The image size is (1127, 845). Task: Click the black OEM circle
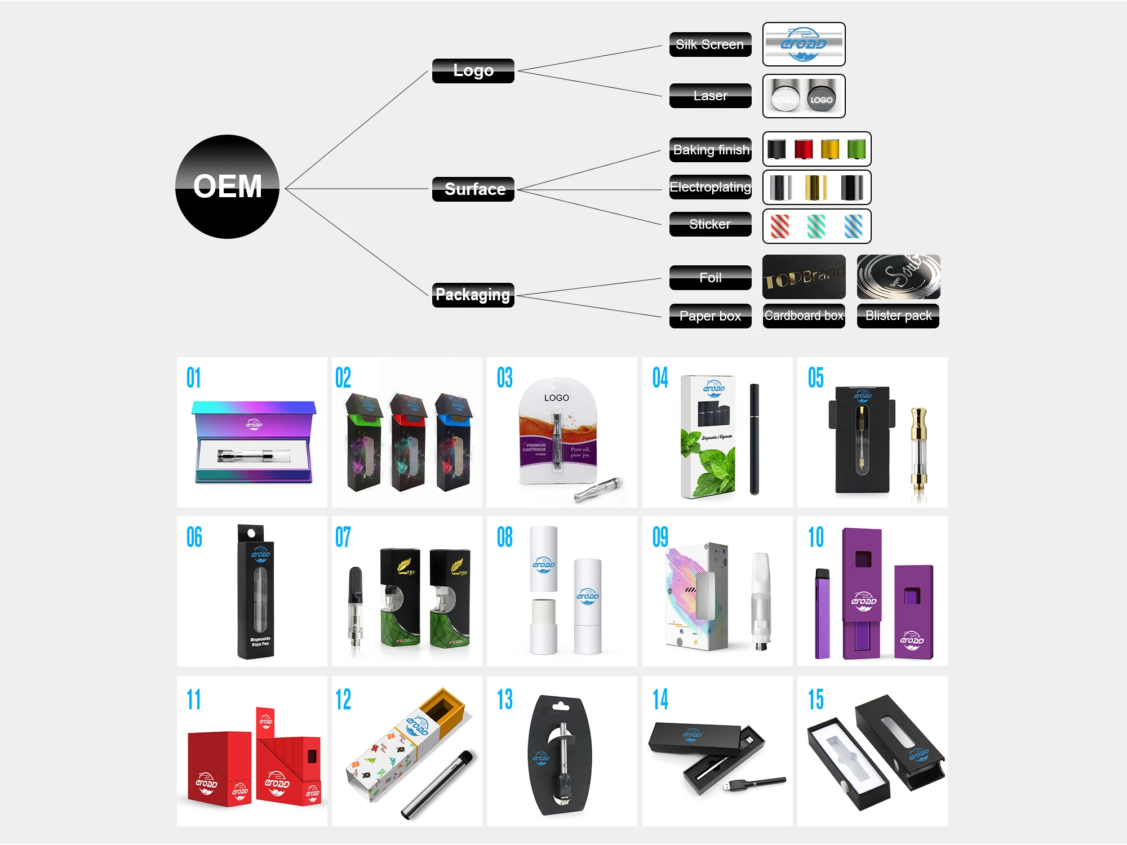227,186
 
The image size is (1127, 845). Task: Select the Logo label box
473,71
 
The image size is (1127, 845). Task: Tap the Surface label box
473,189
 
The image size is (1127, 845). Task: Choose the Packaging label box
473,295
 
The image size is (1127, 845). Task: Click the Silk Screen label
710,45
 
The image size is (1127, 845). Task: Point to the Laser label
710,96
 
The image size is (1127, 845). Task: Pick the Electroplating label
710,187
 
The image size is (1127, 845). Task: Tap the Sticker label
710,224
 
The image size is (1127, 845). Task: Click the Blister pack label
898,315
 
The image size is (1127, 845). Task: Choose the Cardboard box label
804,315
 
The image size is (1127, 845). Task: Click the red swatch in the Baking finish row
804,149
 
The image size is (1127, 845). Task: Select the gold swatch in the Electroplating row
815,188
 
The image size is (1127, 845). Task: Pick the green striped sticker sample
816,226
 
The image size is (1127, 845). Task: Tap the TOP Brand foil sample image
804,277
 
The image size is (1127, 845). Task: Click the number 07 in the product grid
343,537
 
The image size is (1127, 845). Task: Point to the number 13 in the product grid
504,700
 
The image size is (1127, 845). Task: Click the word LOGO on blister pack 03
556,398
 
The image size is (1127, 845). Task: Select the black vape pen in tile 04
754,439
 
